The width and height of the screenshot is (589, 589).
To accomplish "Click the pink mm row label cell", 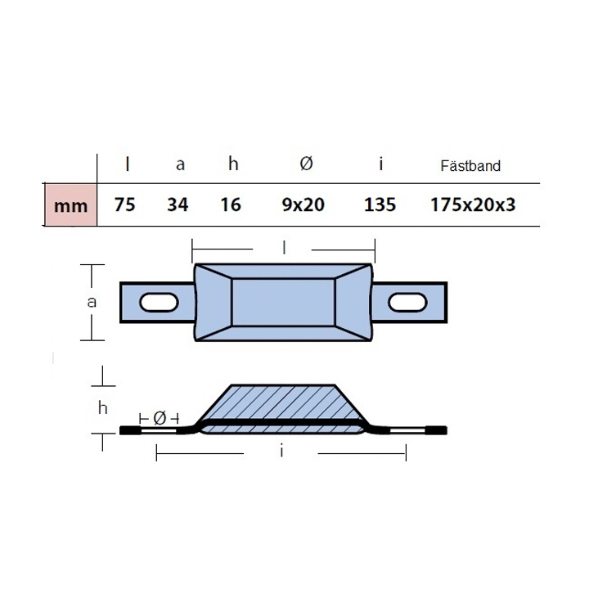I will [x=70, y=205].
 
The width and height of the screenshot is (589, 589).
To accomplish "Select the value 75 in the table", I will [x=124, y=205].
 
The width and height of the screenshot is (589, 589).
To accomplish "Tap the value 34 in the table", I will [x=178, y=205].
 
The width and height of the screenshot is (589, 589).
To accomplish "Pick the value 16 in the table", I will [x=232, y=205].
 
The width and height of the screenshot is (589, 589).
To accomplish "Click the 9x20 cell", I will [x=303, y=205].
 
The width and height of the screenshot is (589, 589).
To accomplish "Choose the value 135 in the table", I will [x=380, y=205].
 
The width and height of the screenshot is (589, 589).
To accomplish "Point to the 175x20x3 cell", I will [x=474, y=205].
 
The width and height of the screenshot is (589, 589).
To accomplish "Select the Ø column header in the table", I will [x=305, y=164].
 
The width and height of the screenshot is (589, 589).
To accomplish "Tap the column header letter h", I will [x=233, y=164].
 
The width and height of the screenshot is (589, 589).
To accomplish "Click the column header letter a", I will [x=180, y=165].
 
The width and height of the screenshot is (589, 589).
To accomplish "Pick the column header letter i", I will [x=381, y=164].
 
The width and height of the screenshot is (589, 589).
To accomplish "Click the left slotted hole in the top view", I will [x=160, y=303].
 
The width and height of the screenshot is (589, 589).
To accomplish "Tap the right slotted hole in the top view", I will [x=407, y=303].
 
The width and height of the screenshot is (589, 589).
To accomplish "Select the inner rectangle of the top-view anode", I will [x=283, y=302].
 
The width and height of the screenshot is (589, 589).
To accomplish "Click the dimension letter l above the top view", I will [x=284, y=245].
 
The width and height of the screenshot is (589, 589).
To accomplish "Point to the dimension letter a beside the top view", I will [x=92, y=301].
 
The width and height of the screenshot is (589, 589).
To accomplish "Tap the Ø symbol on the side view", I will [x=160, y=418].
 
